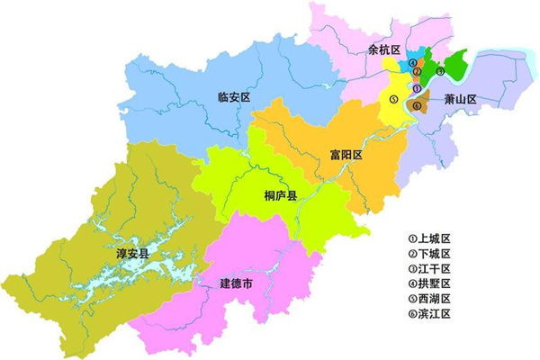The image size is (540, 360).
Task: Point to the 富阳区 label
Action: pos(345,156)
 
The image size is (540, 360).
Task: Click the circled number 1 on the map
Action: pos(417,87)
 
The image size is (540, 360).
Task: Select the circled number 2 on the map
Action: pos(417,72)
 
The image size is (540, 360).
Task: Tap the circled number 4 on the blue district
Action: pos(412,63)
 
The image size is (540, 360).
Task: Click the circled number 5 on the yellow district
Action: pos(394,98)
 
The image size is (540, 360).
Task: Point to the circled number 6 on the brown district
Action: pos(417,105)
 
